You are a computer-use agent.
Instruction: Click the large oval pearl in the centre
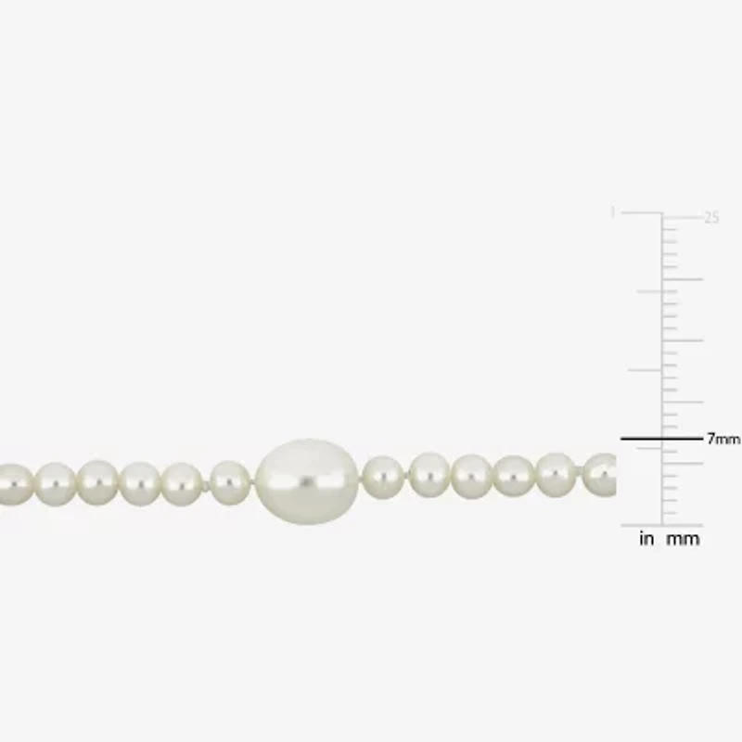pos(307,480)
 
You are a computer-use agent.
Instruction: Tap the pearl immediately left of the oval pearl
pos(230,482)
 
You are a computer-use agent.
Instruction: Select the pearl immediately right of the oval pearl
pos(382,477)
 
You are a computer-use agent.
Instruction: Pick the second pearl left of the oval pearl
pos(182,483)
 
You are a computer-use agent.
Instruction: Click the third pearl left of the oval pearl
pos(140,483)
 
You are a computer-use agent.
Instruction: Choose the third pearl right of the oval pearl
pos(472,476)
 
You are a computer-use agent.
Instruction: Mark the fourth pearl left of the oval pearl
pos(97,482)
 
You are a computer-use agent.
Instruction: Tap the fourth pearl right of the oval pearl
pos(513,475)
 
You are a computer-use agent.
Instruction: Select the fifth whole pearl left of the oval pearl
pos(56,484)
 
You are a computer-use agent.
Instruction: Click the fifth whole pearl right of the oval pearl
pos(556,474)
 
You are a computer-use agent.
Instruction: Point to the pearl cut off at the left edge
pos(13,484)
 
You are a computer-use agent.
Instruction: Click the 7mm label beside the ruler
pos(723,440)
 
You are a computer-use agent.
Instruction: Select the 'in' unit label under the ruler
pos(646,539)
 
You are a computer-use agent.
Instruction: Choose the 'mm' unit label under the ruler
pos(683,539)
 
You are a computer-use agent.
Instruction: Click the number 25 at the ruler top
pos(711,218)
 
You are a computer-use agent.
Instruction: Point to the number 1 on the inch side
pos(612,212)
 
